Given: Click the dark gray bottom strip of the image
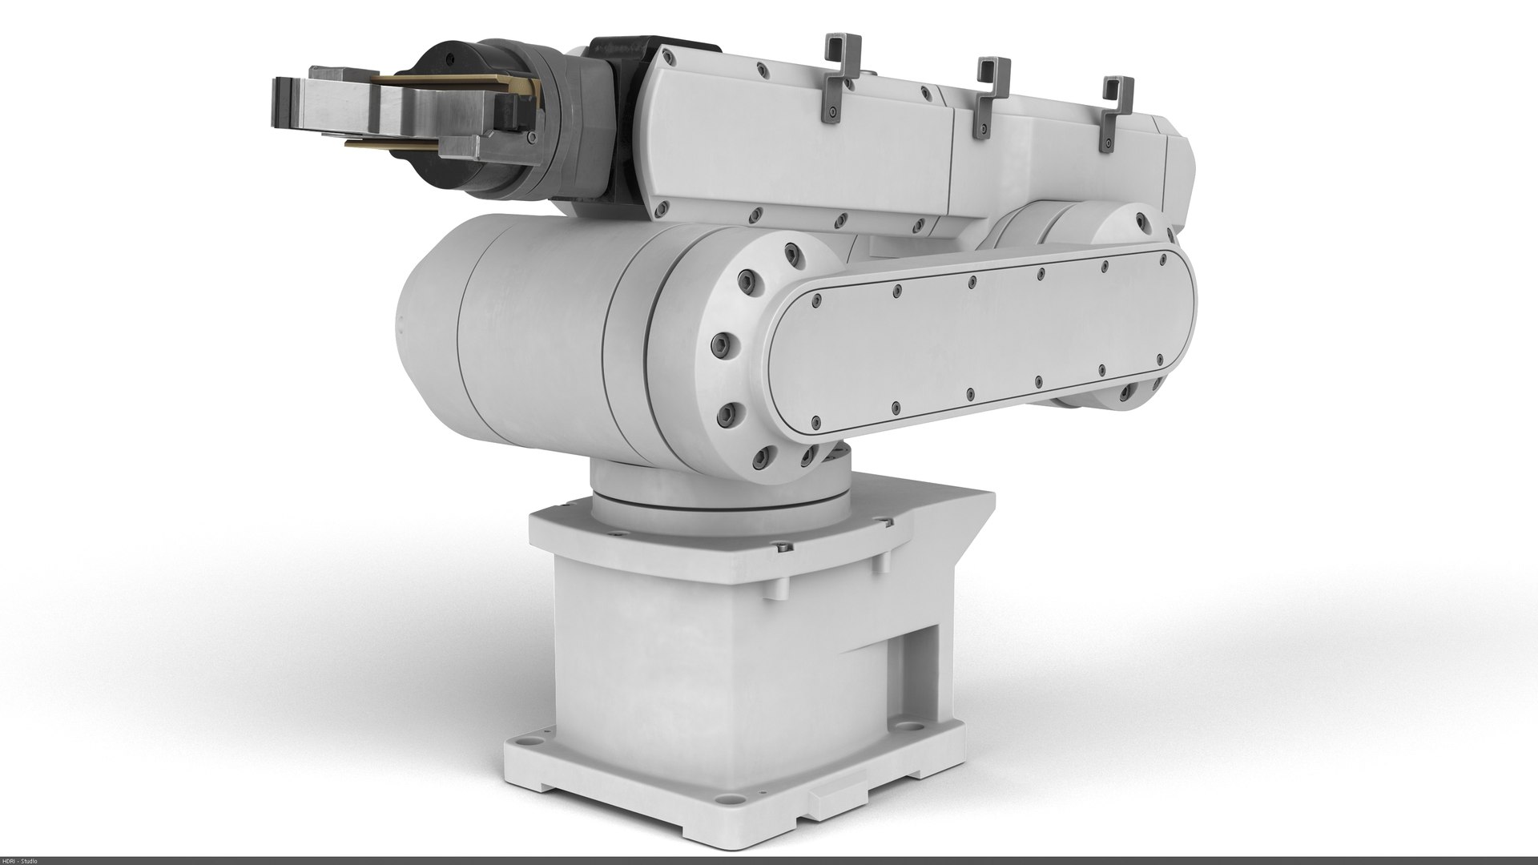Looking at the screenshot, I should click(769, 860).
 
